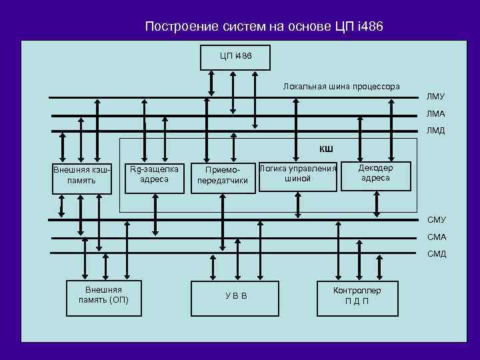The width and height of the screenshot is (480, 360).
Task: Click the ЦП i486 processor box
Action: (x=235, y=57)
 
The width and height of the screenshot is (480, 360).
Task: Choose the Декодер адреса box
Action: (x=376, y=174)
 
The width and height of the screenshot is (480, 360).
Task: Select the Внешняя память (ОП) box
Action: (x=103, y=296)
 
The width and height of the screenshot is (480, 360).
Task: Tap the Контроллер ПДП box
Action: (x=357, y=296)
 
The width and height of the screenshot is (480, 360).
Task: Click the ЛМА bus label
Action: (x=436, y=115)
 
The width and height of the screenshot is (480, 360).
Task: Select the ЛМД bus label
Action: (x=436, y=131)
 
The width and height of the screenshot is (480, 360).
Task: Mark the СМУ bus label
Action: (x=437, y=220)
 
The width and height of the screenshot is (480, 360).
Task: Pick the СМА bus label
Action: (x=437, y=237)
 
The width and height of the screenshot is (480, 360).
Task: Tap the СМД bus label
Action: (x=437, y=254)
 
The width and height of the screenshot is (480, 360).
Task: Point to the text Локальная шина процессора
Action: (x=341, y=87)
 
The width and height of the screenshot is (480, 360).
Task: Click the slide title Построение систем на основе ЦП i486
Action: (x=264, y=27)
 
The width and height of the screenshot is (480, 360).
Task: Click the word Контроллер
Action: (x=357, y=291)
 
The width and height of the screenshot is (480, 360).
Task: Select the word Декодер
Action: (x=376, y=168)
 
